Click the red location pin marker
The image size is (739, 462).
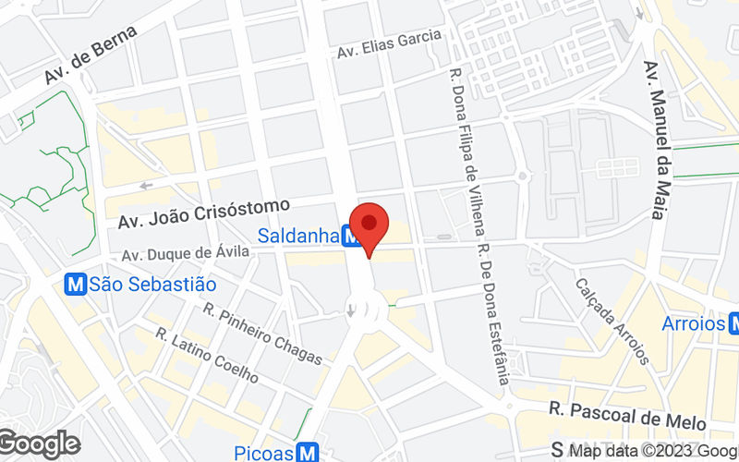pos(369,225)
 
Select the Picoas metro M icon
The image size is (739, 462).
pos(308,453)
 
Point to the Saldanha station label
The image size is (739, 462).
pos(297,237)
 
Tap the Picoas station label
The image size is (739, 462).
pos(263,453)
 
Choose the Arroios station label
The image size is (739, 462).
pos(693,323)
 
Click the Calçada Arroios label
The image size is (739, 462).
pos(612,321)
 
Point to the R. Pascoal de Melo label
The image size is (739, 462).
pos(627,415)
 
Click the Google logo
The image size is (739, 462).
pos(39,444)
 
